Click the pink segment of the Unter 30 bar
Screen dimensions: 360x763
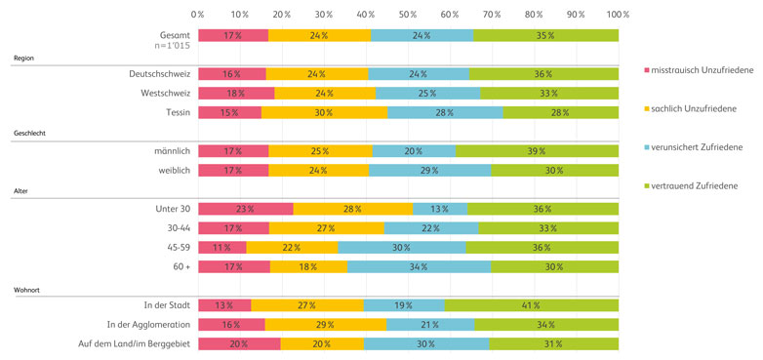click(x=245, y=209)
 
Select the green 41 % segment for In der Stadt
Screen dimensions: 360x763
click(x=532, y=304)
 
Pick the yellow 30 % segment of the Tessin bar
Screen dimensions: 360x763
click(x=324, y=112)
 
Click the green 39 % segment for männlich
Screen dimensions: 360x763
click(x=537, y=151)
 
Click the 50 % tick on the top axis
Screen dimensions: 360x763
click(x=408, y=15)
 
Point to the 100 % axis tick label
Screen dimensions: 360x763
click(x=617, y=15)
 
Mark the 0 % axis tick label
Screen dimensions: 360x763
click(x=198, y=15)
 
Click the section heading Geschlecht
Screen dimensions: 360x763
click(x=30, y=133)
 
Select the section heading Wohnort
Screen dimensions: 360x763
click(x=26, y=288)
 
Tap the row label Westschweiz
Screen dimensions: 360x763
click(x=163, y=94)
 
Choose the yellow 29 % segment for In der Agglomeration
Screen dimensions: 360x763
click(x=325, y=324)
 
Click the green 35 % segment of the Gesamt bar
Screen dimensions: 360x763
click(x=545, y=35)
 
